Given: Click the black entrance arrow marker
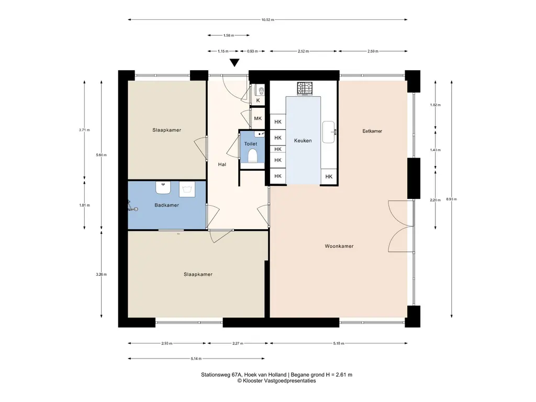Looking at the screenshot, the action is [x=234, y=63].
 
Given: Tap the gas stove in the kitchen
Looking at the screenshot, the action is [x=305, y=88].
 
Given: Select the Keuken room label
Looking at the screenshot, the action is [x=303, y=140].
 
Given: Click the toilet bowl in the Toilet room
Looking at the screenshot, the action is [x=253, y=155].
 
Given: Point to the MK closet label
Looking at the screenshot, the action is [x=258, y=118].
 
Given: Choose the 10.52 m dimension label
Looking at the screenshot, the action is [x=267, y=20].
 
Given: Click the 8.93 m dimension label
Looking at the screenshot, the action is [x=452, y=199].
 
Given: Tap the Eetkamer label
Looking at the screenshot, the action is [x=372, y=131].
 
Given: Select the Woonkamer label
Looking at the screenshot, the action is [x=339, y=246].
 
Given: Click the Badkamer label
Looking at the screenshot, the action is [x=166, y=205].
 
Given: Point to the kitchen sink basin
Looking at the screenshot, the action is [x=329, y=132].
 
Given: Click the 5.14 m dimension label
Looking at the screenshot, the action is [x=196, y=359].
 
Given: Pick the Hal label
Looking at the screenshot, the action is [x=222, y=164].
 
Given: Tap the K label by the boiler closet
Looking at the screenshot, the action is [x=258, y=100].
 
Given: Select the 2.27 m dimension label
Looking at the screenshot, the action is [x=238, y=343].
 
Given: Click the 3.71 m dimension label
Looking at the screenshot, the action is [x=84, y=130].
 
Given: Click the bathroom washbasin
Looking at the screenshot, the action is [x=163, y=187].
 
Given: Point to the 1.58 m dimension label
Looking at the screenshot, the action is [x=229, y=35].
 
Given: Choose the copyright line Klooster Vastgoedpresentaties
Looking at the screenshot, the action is [x=276, y=381].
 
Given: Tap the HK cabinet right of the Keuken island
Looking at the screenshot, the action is [x=329, y=177].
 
